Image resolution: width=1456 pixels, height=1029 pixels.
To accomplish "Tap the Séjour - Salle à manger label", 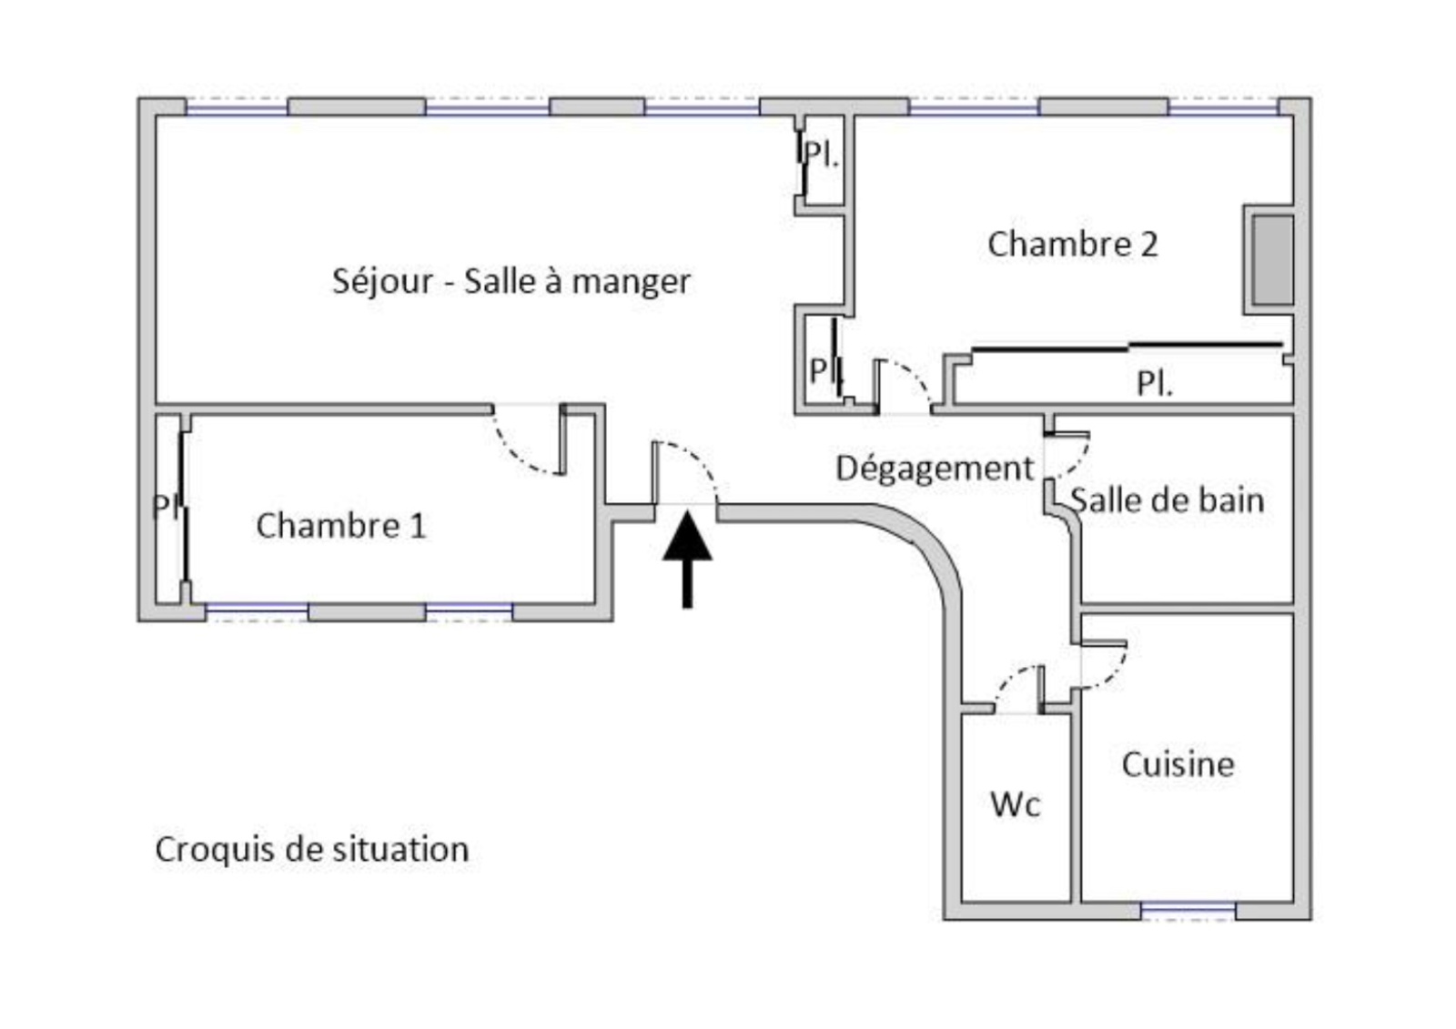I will (511, 281).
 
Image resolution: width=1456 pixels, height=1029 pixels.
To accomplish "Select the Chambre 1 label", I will (340, 526).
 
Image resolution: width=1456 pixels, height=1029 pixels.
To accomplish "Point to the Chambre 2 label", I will (1072, 244).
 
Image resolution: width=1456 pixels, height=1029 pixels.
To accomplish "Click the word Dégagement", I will (935, 469).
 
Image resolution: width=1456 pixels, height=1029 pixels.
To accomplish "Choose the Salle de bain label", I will (1167, 500).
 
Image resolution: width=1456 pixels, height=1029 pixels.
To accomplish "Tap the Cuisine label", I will (1178, 764).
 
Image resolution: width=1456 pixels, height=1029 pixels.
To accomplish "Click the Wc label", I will (1015, 804).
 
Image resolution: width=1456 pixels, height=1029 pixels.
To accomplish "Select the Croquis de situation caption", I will (312, 850).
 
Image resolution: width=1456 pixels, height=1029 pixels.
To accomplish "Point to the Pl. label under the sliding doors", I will (1155, 384).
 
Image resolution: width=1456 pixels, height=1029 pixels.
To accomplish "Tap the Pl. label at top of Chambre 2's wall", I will (822, 156).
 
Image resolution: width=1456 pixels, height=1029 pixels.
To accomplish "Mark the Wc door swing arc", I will (1011, 682).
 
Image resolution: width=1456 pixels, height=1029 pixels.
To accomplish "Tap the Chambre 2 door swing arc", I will (914, 378).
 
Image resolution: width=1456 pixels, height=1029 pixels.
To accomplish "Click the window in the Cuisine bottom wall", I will (1188, 910).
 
